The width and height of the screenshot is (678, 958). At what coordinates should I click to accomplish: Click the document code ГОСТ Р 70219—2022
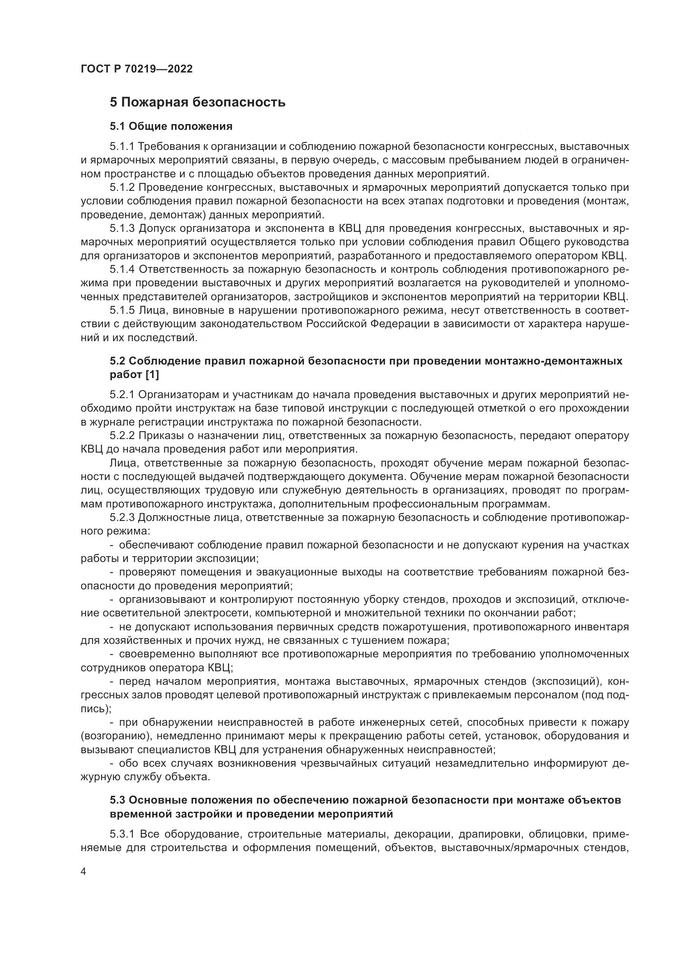[x=137, y=69]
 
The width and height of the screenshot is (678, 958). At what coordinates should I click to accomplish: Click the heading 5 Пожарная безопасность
[x=198, y=102]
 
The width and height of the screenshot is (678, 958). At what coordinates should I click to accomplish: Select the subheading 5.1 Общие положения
[x=171, y=126]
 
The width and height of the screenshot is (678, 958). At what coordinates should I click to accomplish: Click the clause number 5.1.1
[x=122, y=147]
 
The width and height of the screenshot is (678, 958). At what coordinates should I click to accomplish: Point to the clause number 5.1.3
[x=122, y=228]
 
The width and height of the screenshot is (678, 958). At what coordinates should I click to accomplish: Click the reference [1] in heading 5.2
[x=152, y=375]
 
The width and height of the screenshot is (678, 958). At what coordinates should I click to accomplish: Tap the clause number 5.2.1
[x=122, y=394]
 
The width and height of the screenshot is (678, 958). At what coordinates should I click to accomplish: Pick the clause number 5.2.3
[x=122, y=518]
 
